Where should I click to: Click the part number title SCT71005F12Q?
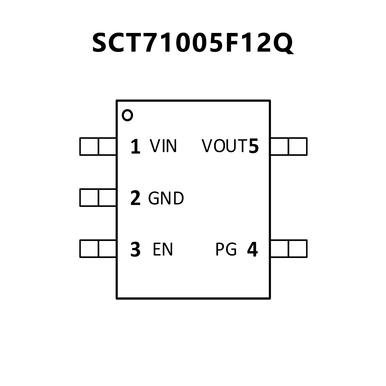click(193, 43)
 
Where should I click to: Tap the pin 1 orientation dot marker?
click(127, 115)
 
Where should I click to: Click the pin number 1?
click(136, 146)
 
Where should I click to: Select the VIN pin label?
click(163, 146)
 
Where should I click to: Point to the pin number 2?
click(136, 198)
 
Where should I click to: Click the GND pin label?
click(166, 198)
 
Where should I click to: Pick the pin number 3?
click(136, 249)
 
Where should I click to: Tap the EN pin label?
click(163, 249)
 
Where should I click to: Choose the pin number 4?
click(252, 249)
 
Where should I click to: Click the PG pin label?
click(226, 249)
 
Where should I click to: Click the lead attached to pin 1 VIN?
click(98, 146)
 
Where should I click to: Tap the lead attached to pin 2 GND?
click(98, 198)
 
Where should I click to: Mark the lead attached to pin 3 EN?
click(98, 249)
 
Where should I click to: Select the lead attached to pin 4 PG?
click(289, 249)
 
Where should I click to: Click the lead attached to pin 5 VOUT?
click(289, 146)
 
